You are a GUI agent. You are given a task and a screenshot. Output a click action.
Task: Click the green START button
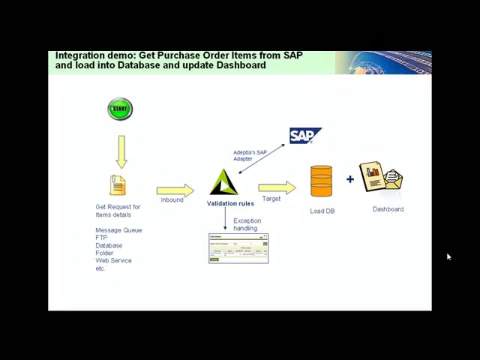(x=120, y=109)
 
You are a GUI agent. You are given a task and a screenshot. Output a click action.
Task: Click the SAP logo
(x=304, y=136)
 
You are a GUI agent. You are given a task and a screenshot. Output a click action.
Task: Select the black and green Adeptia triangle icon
(x=223, y=182)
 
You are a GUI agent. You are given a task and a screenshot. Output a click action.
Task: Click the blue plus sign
(x=350, y=179)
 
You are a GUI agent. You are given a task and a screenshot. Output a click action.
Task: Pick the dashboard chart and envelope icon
(x=382, y=178)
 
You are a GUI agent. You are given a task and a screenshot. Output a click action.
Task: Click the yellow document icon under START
(x=118, y=184)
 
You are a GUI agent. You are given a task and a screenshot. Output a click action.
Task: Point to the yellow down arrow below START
(x=121, y=151)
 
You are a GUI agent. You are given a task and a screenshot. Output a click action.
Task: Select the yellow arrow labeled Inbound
(x=175, y=190)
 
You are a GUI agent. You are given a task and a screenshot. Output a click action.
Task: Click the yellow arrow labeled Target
(x=277, y=188)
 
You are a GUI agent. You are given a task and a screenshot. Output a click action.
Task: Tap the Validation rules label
(x=230, y=203)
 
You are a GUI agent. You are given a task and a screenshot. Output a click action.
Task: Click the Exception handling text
(x=247, y=224)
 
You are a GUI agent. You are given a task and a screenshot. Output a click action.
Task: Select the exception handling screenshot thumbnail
(x=238, y=248)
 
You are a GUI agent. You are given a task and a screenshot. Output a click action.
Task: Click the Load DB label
(x=322, y=211)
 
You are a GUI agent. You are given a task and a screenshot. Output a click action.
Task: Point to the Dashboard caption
(x=388, y=209)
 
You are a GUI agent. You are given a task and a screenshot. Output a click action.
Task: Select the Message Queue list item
(x=118, y=230)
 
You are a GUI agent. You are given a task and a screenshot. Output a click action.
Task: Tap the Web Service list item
(x=113, y=260)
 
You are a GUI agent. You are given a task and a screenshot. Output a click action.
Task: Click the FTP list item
(x=101, y=238)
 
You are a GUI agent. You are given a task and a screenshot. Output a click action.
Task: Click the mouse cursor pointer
(x=448, y=257)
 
